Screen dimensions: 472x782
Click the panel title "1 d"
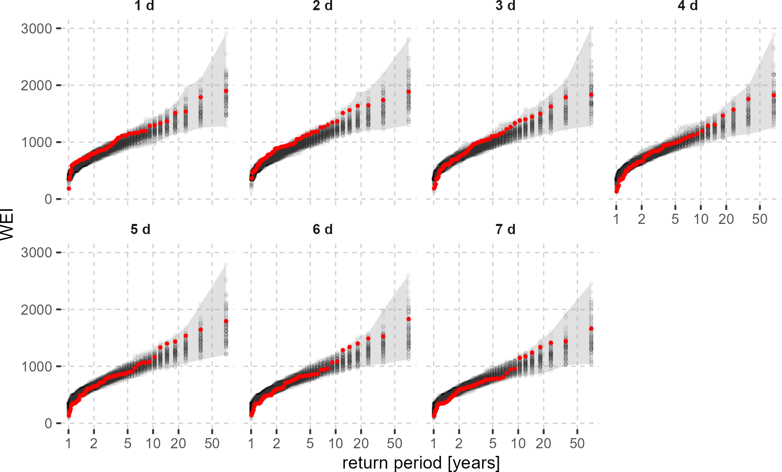[144, 6]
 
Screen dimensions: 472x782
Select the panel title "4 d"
[687, 6]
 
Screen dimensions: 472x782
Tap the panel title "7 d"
[505, 229]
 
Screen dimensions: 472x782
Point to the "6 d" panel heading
[323, 229]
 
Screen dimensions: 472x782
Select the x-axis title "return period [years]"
[421, 463]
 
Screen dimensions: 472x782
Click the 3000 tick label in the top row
[36, 29]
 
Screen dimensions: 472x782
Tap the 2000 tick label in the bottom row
[36, 310]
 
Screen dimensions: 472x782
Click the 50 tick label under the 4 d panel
[760, 219]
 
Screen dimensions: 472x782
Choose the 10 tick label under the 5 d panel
[153, 444]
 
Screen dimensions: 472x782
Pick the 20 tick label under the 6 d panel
[361, 444]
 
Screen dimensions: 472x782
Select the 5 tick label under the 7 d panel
[492, 444]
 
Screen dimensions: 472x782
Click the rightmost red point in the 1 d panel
[226, 91]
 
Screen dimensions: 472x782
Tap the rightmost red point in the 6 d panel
[408, 319]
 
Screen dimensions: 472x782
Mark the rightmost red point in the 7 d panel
[591, 329]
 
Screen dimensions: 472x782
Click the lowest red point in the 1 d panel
[69, 188]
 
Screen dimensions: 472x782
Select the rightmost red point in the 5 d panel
[226, 321]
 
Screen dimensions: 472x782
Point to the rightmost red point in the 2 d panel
[408, 92]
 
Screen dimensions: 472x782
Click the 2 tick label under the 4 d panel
[642, 219]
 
